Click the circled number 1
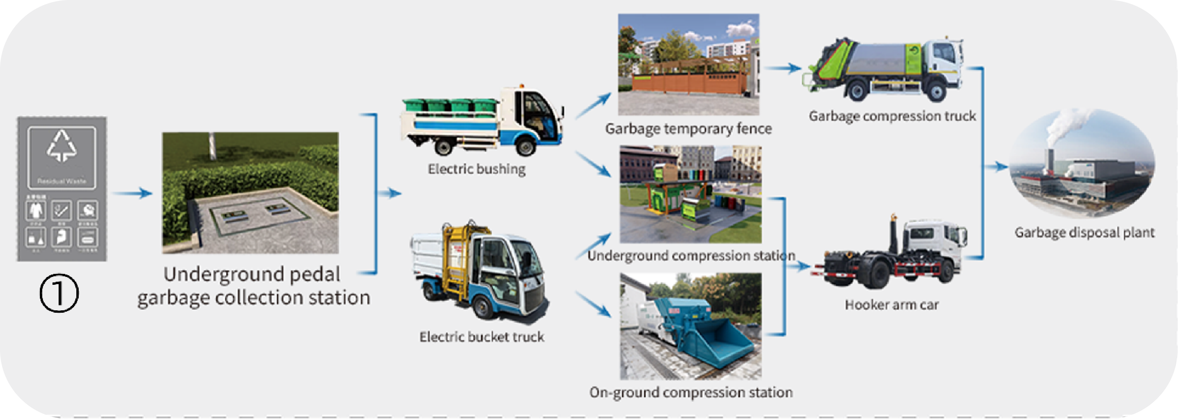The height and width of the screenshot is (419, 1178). [59, 293]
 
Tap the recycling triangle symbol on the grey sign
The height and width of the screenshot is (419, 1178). [62, 146]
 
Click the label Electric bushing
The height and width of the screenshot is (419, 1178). [476, 169]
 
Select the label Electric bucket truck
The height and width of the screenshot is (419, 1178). [481, 337]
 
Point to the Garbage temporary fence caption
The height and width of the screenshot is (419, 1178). [688, 129]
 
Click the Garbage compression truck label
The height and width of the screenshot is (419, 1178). [892, 116]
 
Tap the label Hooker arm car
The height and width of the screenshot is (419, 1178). [891, 305]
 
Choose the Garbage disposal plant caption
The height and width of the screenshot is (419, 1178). [1084, 233]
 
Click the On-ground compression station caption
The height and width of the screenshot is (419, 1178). [690, 392]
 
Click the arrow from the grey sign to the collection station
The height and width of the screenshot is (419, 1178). [133, 193]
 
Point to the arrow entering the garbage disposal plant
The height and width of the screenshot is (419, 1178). [997, 167]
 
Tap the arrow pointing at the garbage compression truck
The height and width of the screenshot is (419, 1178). [783, 68]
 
